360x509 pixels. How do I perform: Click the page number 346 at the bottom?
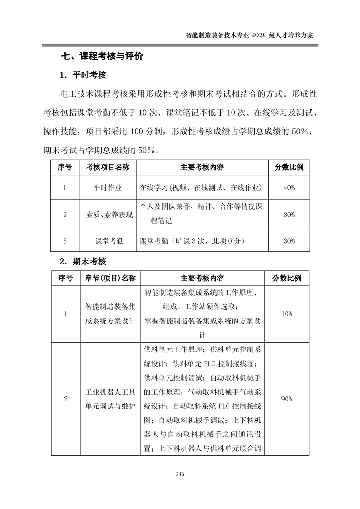[x=180, y=475]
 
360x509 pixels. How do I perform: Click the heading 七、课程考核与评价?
[x=102, y=57]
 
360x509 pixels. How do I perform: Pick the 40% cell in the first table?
[x=289, y=187]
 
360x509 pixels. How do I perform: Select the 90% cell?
[x=286, y=399]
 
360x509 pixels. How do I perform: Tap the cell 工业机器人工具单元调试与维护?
[x=110, y=399]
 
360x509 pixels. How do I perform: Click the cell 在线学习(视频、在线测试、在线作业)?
[x=203, y=187]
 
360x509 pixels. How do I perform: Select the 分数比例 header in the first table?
[x=289, y=167]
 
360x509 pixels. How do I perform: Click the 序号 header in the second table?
[x=65, y=278]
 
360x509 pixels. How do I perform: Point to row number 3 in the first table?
[x=65, y=241]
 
